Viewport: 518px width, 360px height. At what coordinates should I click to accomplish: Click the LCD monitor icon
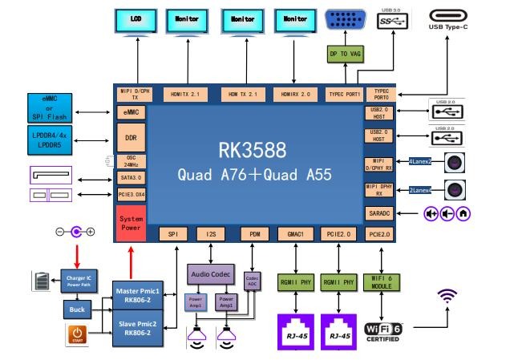point(136,20)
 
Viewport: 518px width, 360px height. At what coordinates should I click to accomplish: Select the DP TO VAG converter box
point(344,55)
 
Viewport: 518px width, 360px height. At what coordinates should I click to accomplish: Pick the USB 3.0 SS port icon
point(392,20)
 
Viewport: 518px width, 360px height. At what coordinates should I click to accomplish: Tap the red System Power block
point(130,222)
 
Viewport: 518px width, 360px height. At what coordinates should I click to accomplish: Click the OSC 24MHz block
point(130,161)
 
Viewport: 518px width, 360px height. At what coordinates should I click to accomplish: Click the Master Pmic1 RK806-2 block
point(137,294)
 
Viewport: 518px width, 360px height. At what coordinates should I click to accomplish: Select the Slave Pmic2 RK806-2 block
point(137,327)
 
